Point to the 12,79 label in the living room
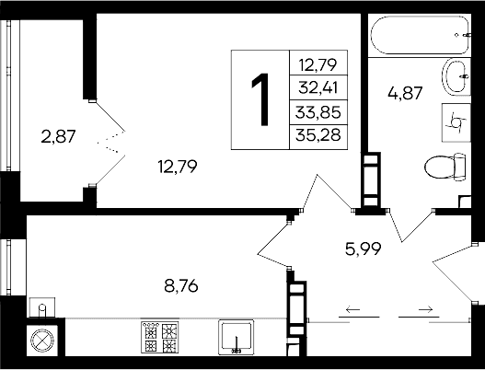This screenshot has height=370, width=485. pyautogui.click(x=177, y=167)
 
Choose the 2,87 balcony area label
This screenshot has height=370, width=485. pyautogui.click(x=57, y=137)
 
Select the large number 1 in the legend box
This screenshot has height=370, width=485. pyautogui.click(x=261, y=100)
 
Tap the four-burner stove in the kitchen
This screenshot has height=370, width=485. pyautogui.click(x=157, y=338)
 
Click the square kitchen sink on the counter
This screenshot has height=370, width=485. pyautogui.click(x=236, y=337)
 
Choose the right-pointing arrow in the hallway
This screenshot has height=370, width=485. pyautogui.click(x=419, y=310)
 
